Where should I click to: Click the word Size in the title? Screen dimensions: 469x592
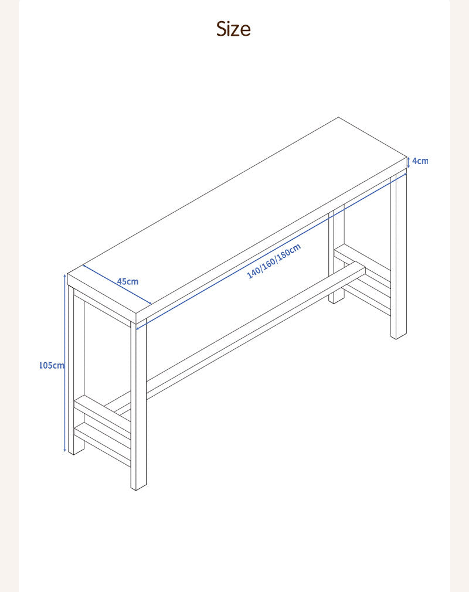[x=233, y=29]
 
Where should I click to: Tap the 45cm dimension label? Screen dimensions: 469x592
[x=128, y=282]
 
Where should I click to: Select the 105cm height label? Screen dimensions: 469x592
[x=52, y=366]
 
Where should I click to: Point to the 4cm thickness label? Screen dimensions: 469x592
[x=420, y=161]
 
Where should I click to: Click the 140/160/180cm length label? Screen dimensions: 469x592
[x=274, y=261]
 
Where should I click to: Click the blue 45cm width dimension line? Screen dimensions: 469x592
[x=117, y=284]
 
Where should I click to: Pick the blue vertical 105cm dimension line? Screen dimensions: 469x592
[x=65, y=363]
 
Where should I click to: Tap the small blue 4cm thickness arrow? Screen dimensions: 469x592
[x=409, y=162]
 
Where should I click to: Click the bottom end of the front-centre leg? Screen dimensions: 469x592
[x=138, y=487]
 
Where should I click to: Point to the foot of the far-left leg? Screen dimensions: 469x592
[x=76, y=451]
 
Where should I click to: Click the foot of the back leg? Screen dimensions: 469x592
[x=337, y=301]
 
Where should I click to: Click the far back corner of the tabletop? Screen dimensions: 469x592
[x=338, y=117]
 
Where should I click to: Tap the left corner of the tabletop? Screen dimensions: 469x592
[x=68, y=274]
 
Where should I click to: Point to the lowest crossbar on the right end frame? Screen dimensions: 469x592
[x=366, y=298]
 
